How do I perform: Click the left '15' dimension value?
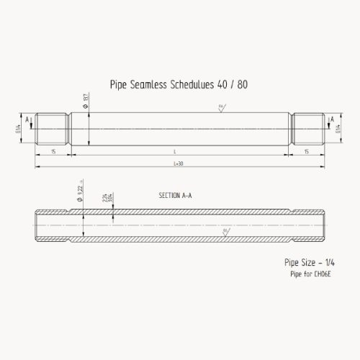(53, 152)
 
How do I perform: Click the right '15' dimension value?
(307, 152)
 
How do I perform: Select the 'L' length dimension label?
(175, 152)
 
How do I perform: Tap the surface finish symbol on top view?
(221, 108)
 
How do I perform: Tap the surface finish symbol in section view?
(225, 231)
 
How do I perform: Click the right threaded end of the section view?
(308, 225)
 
